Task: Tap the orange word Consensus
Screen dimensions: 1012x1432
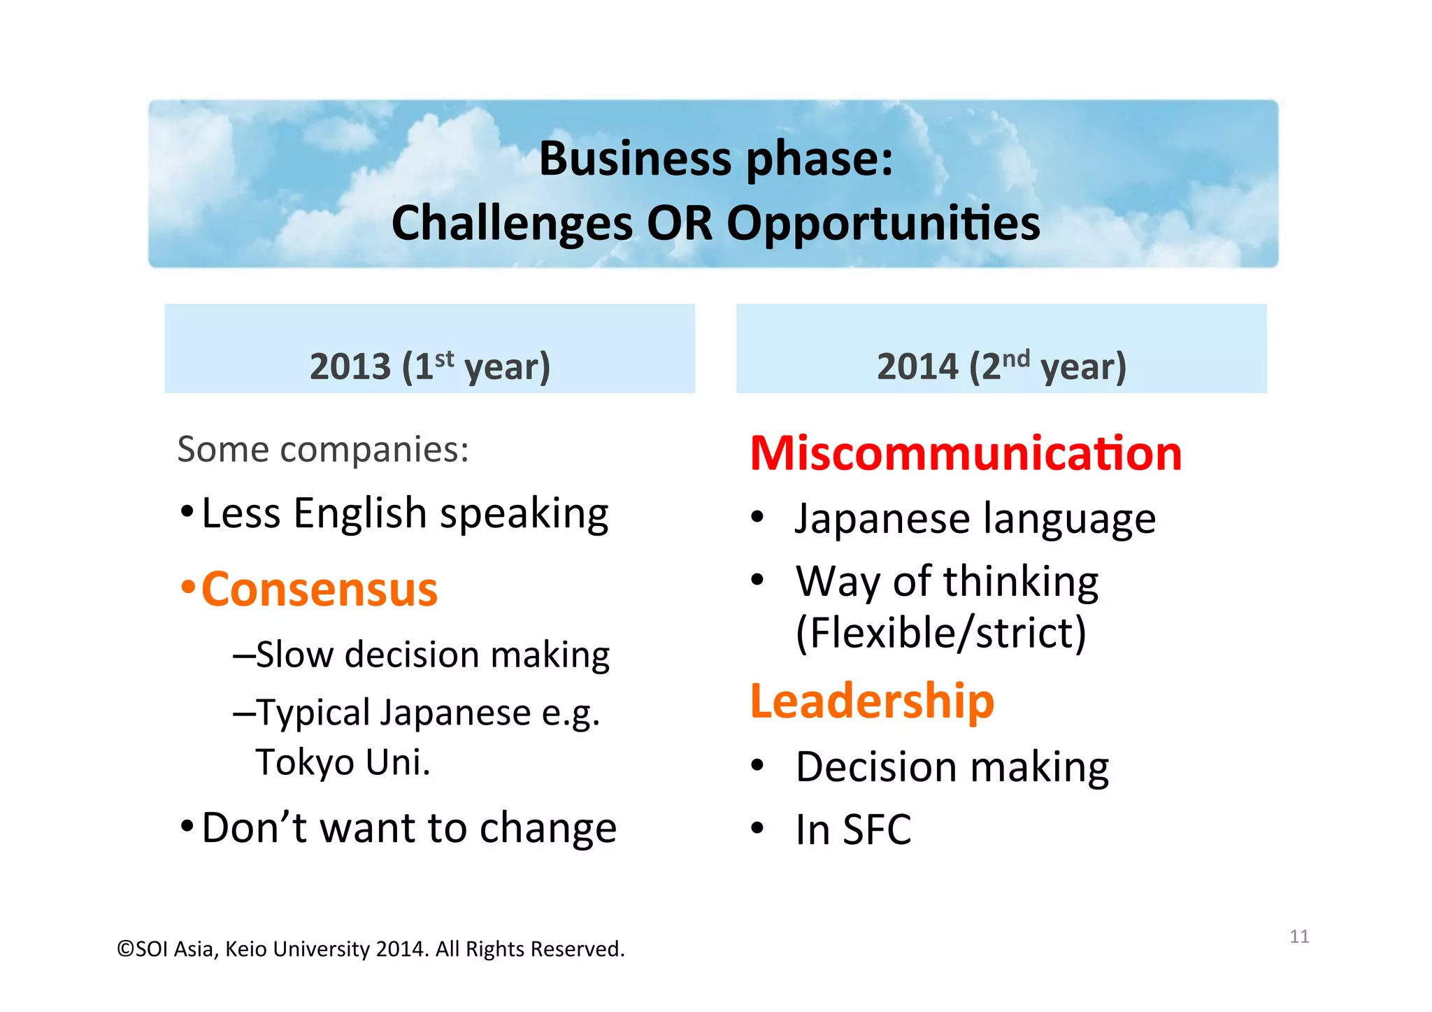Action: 320,590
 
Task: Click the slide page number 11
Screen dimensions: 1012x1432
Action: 1298,936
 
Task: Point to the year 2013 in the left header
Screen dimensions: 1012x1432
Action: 350,366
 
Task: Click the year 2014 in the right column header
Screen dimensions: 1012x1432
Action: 917,366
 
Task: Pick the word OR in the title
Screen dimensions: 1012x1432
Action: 679,224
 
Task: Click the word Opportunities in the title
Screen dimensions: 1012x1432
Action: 883,225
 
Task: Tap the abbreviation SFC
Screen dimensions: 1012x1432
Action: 877,829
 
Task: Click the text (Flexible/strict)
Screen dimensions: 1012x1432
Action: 940,633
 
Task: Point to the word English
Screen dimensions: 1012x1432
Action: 359,513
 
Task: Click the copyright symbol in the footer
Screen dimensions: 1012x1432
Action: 125,949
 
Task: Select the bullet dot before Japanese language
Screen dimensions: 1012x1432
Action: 757,518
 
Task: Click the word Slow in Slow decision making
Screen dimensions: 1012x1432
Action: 294,655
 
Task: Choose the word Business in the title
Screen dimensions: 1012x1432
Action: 635,159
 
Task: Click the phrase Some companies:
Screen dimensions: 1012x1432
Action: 322,449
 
